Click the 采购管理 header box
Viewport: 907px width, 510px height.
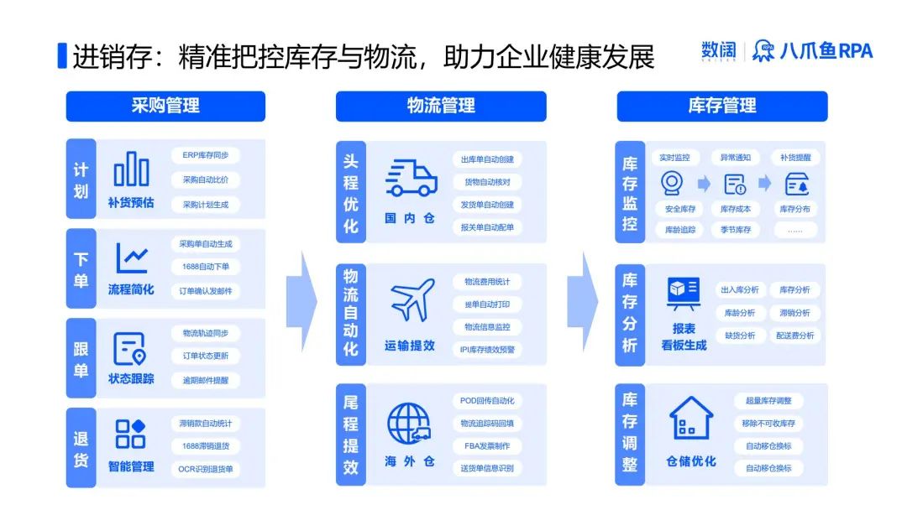pos(165,106)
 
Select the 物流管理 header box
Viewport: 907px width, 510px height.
pos(441,106)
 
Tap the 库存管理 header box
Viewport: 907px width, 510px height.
pos(721,106)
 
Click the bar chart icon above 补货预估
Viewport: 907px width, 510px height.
pos(131,169)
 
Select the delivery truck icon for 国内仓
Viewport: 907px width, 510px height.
pos(411,179)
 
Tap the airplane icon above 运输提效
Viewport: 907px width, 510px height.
pos(412,300)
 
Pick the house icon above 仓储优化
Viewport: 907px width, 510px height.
pos(690,419)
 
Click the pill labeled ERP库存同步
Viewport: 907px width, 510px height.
pos(206,155)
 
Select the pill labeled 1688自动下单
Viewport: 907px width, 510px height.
pos(206,267)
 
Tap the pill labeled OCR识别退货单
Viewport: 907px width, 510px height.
pos(206,469)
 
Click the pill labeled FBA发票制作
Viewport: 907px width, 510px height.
pos(487,445)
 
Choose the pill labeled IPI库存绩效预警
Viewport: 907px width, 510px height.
pos(487,349)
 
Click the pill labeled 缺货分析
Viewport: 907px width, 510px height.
pos(739,335)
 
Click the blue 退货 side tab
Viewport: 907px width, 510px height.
pos(81,449)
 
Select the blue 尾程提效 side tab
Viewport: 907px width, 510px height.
pos(351,435)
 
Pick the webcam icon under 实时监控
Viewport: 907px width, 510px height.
pos(673,183)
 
